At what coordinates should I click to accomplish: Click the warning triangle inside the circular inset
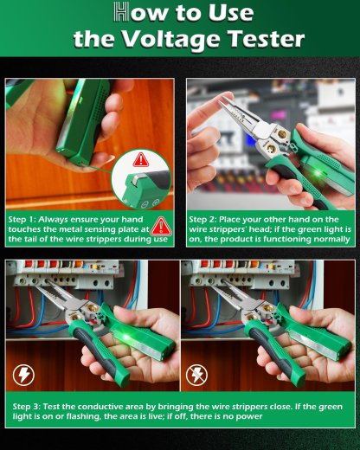[x=142, y=161]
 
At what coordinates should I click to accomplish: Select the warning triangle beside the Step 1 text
[x=161, y=228]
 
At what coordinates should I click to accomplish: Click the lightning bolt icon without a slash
[x=23, y=375]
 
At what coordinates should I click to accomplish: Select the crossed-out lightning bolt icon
[x=198, y=375]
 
